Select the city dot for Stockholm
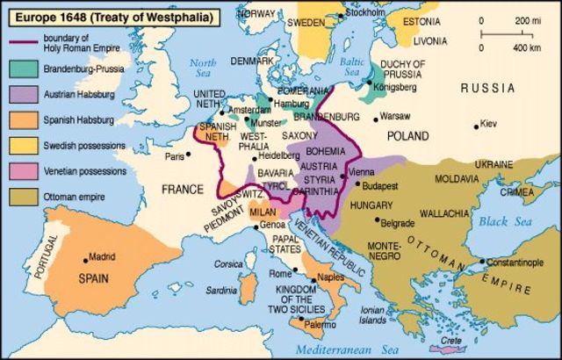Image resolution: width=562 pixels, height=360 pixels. coord(346,14)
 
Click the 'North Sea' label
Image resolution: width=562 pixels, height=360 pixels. coord(203,68)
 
